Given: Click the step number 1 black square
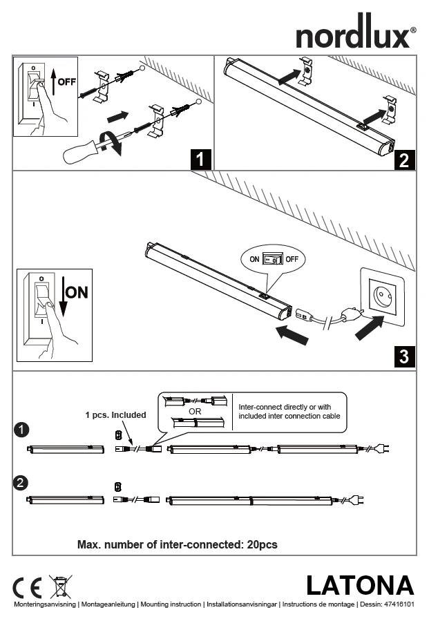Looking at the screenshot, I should click(x=200, y=160).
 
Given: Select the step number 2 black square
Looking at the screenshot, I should click(x=404, y=160).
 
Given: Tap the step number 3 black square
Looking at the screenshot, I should click(x=404, y=357).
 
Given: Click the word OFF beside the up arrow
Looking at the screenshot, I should click(x=67, y=82).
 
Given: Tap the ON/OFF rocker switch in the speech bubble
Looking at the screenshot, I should click(x=273, y=259).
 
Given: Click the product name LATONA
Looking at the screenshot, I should click(x=359, y=585).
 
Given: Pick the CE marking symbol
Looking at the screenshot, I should click(x=27, y=588).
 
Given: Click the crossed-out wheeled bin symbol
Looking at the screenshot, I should click(x=60, y=586).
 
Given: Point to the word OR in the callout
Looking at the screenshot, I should click(x=195, y=411).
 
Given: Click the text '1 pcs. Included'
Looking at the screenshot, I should click(x=115, y=415).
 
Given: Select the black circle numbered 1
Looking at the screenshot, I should click(x=21, y=430).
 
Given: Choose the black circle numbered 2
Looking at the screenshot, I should click(x=21, y=481).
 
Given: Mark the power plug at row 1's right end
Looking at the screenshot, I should click(x=382, y=449).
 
